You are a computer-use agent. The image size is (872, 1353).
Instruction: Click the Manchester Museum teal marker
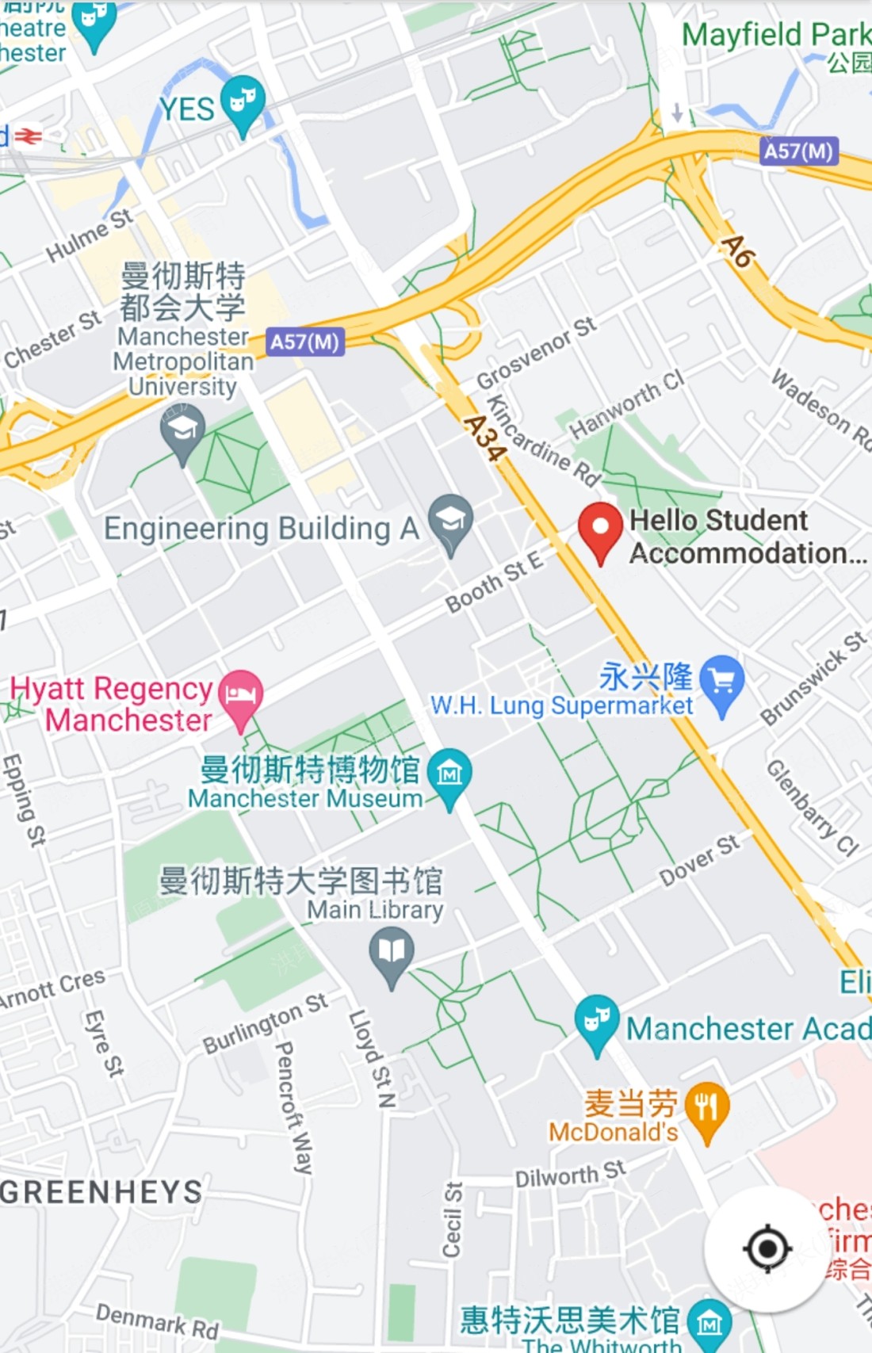pos(449,773)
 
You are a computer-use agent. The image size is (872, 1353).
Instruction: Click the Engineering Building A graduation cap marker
pos(450,520)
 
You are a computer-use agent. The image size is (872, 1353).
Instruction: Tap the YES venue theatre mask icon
pos(243,101)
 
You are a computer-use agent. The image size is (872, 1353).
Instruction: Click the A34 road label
pos(484,438)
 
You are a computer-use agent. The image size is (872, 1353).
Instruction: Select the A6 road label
pos(737,252)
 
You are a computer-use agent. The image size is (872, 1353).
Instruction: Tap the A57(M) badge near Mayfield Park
pos(798,151)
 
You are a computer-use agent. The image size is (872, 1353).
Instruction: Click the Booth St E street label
pos(495,582)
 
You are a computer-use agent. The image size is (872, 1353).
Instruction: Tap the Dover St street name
pos(699,859)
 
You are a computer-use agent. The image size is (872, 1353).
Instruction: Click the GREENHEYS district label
pos(101,1192)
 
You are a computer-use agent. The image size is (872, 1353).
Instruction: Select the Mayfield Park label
pos(775,35)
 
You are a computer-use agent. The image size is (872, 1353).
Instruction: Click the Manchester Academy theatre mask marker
pos(596,1020)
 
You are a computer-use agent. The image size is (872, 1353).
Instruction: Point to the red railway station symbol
pos(29,136)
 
